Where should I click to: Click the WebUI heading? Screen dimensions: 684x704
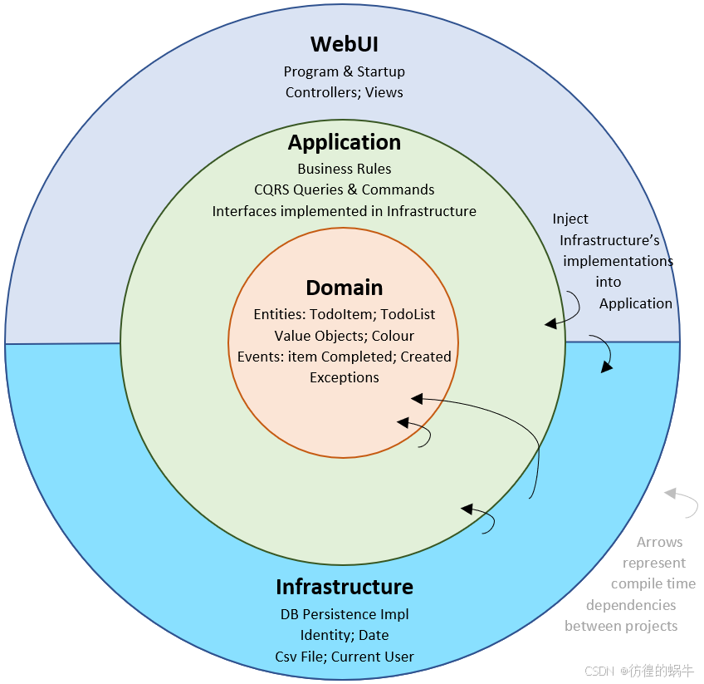(345, 44)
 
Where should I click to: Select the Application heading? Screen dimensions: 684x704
(345, 142)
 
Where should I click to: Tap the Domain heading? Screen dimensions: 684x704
(345, 288)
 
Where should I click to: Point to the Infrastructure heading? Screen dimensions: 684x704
(345, 587)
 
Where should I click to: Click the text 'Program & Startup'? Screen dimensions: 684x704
(345, 71)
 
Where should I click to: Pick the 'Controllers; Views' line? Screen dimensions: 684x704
(345, 92)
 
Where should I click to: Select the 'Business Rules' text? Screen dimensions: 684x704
(345, 169)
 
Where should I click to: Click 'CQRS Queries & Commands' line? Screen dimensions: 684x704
(345, 189)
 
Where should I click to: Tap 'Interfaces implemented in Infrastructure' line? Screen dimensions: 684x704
(345, 211)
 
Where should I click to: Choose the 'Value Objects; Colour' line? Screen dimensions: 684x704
(345, 336)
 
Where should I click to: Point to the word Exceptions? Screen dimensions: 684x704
(345, 377)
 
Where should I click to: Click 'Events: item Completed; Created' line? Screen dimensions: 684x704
(345, 357)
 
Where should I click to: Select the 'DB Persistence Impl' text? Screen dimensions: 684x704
(345, 614)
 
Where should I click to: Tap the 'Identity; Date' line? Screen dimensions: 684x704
(345, 635)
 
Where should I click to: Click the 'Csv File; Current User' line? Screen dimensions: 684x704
(345, 656)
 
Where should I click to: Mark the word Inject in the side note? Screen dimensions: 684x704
(570, 219)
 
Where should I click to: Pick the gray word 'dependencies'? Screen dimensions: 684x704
(631, 605)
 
